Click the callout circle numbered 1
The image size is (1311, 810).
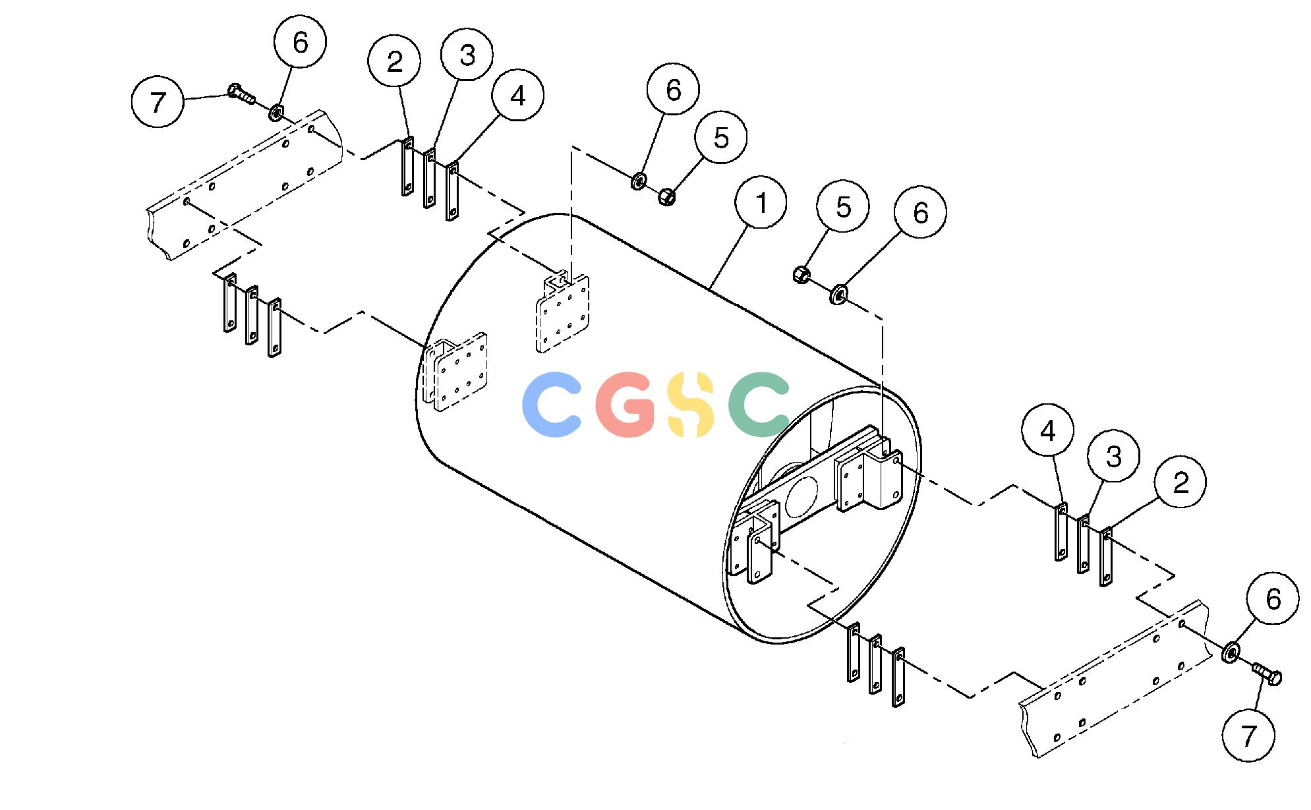(x=761, y=202)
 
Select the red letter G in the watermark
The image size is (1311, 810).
(x=626, y=405)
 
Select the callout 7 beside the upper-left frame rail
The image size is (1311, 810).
(x=158, y=102)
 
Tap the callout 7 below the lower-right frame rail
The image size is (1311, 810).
(x=1248, y=736)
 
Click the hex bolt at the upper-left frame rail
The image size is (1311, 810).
(x=242, y=95)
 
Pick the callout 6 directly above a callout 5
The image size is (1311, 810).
(x=673, y=89)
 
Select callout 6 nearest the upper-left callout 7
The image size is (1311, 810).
(x=300, y=42)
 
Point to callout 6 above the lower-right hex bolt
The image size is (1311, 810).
(x=1273, y=598)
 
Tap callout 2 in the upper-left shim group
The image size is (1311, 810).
(x=395, y=61)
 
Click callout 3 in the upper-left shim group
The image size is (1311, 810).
(x=467, y=55)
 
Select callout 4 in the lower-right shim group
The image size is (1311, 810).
(x=1048, y=430)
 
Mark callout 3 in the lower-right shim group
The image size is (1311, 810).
(x=1113, y=456)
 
